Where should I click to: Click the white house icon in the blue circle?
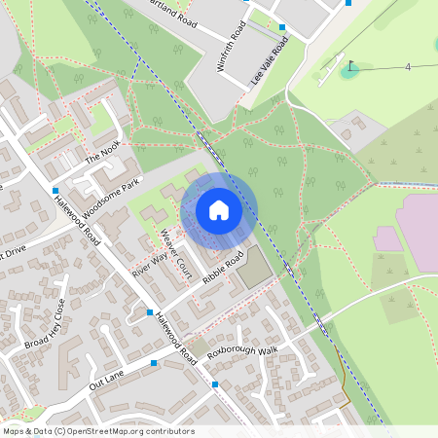pyautogui.click(x=219, y=210)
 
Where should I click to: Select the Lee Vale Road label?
pyautogui.click(x=270, y=61)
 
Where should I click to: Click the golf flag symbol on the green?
pyautogui.click(x=349, y=67)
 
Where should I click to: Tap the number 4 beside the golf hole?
pyautogui.click(x=408, y=66)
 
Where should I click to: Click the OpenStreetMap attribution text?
pyautogui.click(x=98, y=431)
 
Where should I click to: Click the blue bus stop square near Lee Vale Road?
pyautogui.click(x=282, y=28)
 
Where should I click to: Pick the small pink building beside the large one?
pyautogui.click(x=386, y=238)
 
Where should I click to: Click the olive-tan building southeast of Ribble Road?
pyautogui.click(x=255, y=267)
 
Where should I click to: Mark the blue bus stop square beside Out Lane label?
pyautogui.click(x=155, y=363)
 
